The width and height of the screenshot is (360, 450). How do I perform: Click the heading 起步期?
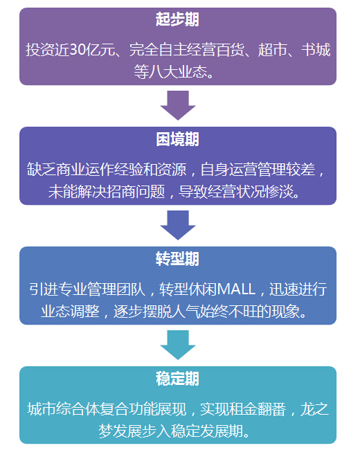(x=177, y=19)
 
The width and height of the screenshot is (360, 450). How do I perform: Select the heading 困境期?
(x=177, y=139)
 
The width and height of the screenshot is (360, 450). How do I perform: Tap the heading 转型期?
(x=177, y=259)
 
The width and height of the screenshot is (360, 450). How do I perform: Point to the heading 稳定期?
(x=177, y=379)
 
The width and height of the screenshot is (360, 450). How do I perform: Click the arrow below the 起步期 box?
(x=178, y=105)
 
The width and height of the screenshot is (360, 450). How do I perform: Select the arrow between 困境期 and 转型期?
(x=178, y=225)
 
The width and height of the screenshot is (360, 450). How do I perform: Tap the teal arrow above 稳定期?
(x=178, y=345)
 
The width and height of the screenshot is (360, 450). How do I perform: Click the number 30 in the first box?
(x=78, y=50)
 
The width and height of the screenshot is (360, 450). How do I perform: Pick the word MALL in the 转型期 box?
(x=237, y=289)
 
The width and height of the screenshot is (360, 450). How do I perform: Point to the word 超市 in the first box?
(x=272, y=50)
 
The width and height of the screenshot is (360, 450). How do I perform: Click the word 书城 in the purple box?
(x=316, y=50)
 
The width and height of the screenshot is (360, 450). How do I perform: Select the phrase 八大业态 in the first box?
(x=178, y=72)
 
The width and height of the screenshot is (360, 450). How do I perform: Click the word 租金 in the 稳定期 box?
(x=243, y=409)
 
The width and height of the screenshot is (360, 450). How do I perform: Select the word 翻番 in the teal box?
(x=272, y=409)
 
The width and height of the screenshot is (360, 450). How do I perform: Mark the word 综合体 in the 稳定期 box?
(x=78, y=409)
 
